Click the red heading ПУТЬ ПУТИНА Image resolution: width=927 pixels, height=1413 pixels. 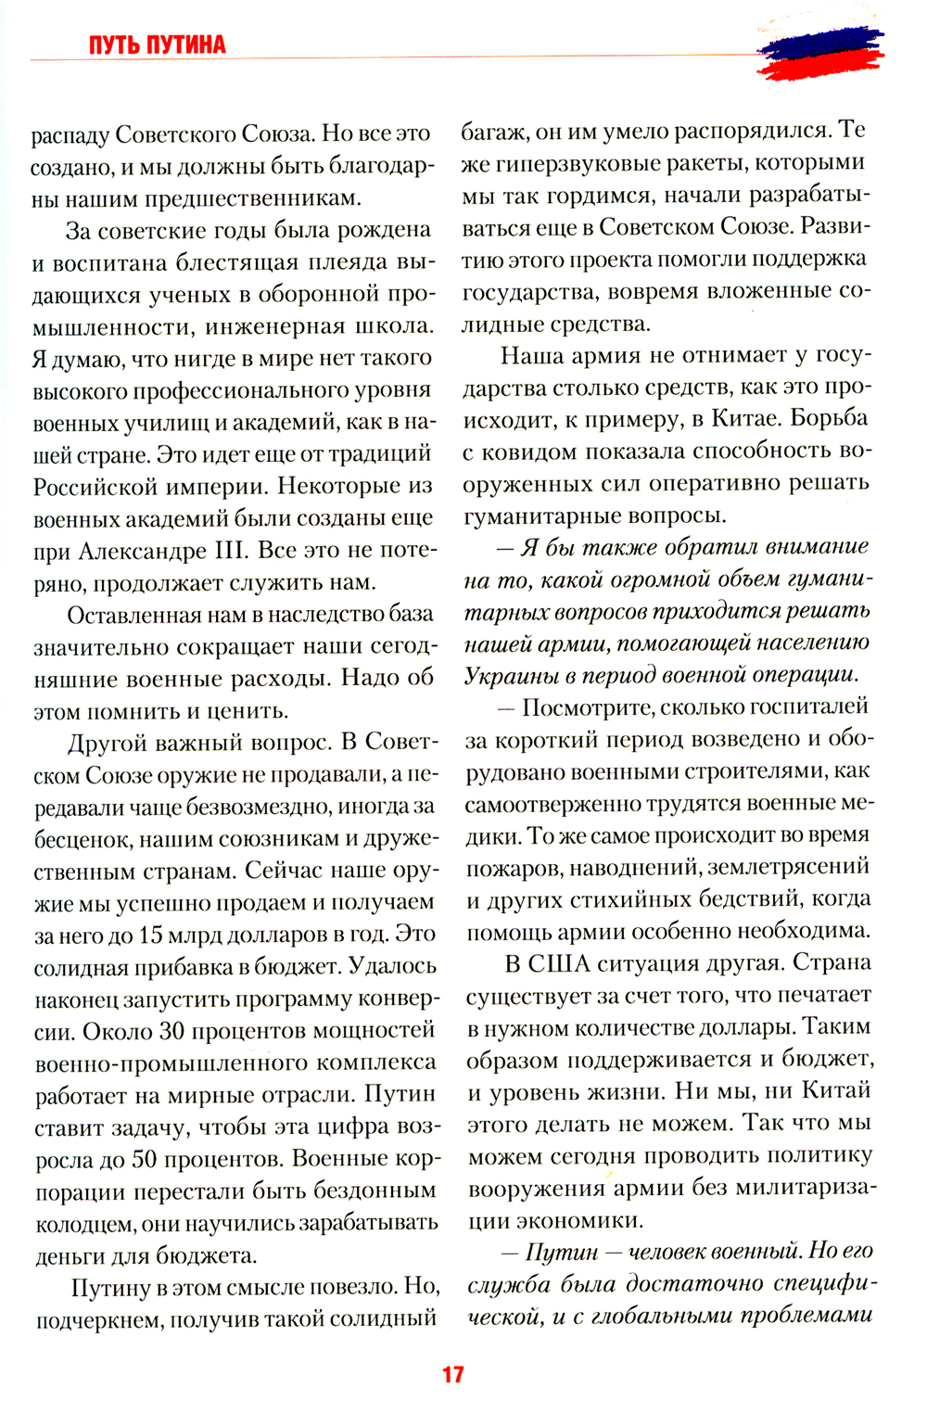(x=158, y=45)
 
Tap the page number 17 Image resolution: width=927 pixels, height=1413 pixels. (x=452, y=1374)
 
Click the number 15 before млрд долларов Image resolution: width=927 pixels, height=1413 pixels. (x=151, y=935)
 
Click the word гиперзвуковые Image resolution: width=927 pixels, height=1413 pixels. (x=560, y=163)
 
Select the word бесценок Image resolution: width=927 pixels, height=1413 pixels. (x=81, y=839)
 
